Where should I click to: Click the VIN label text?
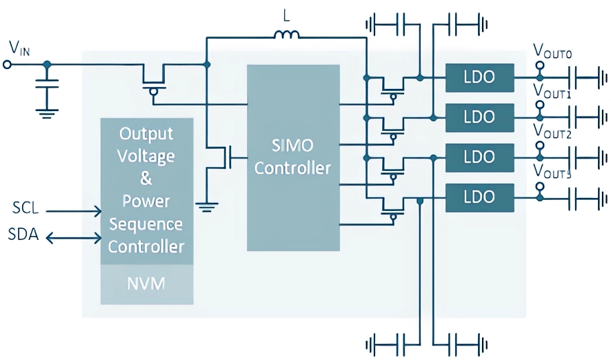coord(19,48)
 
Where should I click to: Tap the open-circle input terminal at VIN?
coord(8,65)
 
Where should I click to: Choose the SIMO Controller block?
coord(293,157)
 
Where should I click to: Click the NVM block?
coord(146,283)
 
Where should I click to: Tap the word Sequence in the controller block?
coord(146,224)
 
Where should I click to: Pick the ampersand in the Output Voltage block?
coord(146,179)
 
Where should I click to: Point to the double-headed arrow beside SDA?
coord(73,237)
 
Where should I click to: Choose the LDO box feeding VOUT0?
coord(480,77)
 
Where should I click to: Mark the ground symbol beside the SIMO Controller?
coord(207,205)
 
